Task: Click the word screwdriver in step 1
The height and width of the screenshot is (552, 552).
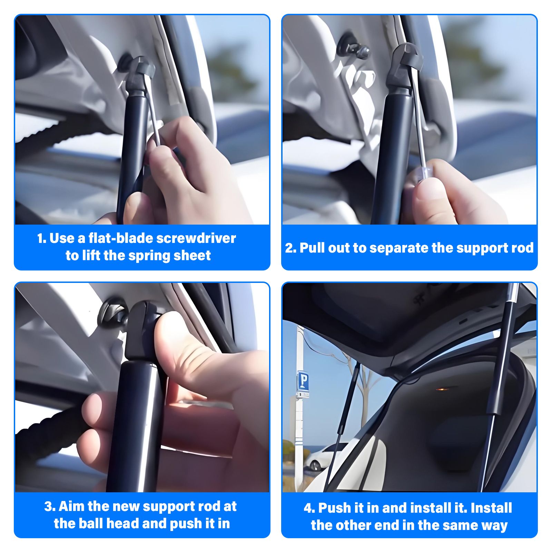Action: pos(196,238)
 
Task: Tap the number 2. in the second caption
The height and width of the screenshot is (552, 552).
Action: pos(290,248)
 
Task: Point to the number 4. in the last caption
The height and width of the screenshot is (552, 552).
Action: pos(309,508)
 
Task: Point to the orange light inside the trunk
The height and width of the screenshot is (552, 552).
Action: pos(443,389)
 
